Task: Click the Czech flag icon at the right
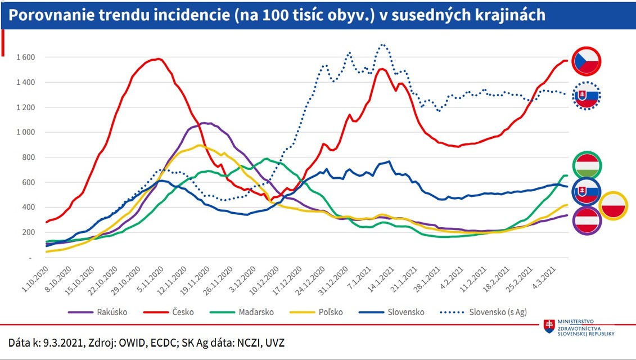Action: tap(587, 61)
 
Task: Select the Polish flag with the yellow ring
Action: tap(613, 206)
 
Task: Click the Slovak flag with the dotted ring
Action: tap(587, 96)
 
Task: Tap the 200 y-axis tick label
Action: tap(29, 232)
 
